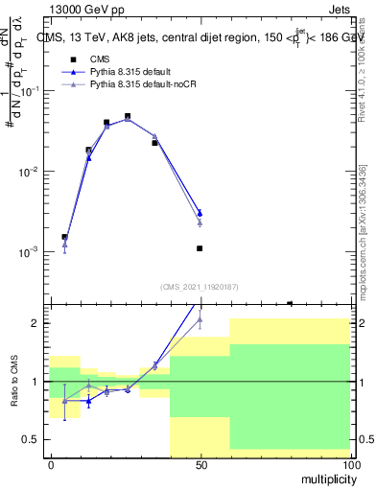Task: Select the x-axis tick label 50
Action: pyautogui.click(x=200, y=465)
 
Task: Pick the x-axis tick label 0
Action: pyautogui.click(x=51, y=465)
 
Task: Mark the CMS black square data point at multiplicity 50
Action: pyautogui.click(x=200, y=248)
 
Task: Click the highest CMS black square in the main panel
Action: pyautogui.click(x=128, y=116)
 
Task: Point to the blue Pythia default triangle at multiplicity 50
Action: pyautogui.click(x=200, y=213)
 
